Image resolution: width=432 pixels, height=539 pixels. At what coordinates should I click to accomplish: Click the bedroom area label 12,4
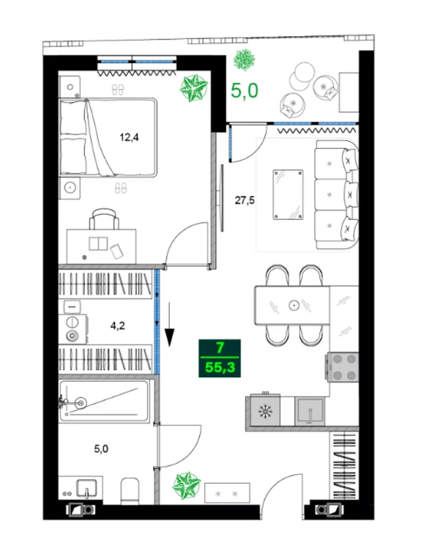tap(129, 138)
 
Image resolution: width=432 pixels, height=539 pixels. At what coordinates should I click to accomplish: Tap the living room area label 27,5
tap(244, 200)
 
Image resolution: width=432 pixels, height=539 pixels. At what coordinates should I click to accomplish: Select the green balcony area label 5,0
tap(244, 91)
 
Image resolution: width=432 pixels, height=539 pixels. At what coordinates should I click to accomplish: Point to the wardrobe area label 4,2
tap(117, 326)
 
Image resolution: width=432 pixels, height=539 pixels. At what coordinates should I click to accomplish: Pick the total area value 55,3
tap(220, 367)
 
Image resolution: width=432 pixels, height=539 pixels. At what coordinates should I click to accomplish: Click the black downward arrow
tap(169, 325)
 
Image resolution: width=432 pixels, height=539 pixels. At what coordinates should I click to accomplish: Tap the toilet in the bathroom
tap(130, 491)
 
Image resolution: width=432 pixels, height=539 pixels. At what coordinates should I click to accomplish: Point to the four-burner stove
tap(342, 367)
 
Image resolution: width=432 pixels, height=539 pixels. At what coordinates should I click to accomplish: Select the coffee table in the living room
tap(288, 194)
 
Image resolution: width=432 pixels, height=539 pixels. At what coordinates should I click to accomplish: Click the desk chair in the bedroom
tap(104, 219)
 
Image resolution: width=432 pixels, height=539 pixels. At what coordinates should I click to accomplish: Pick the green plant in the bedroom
tap(194, 88)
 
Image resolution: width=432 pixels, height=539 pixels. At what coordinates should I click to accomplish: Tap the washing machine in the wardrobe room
tap(73, 329)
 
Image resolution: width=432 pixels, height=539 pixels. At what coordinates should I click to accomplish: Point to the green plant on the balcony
tap(244, 60)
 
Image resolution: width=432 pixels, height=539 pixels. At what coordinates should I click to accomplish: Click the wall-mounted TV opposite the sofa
tap(221, 198)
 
